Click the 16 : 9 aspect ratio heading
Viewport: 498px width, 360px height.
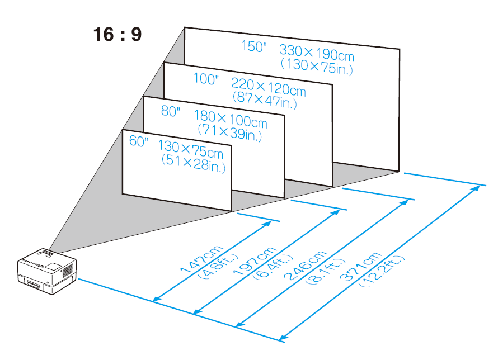click(x=117, y=35)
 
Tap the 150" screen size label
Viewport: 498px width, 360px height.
click(x=255, y=46)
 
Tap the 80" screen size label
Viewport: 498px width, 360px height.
click(x=171, y=111)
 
